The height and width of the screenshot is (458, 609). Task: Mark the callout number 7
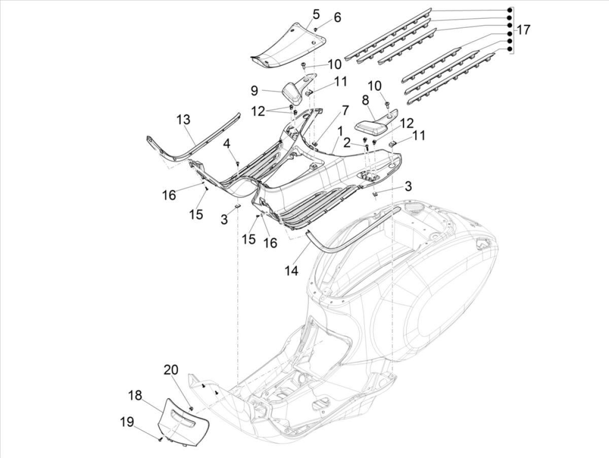coord(345,110)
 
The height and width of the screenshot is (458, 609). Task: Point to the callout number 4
coord(227,144)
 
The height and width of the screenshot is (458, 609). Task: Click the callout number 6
coord(337,18)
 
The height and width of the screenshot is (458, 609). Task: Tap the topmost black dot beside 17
coord(509,11)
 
